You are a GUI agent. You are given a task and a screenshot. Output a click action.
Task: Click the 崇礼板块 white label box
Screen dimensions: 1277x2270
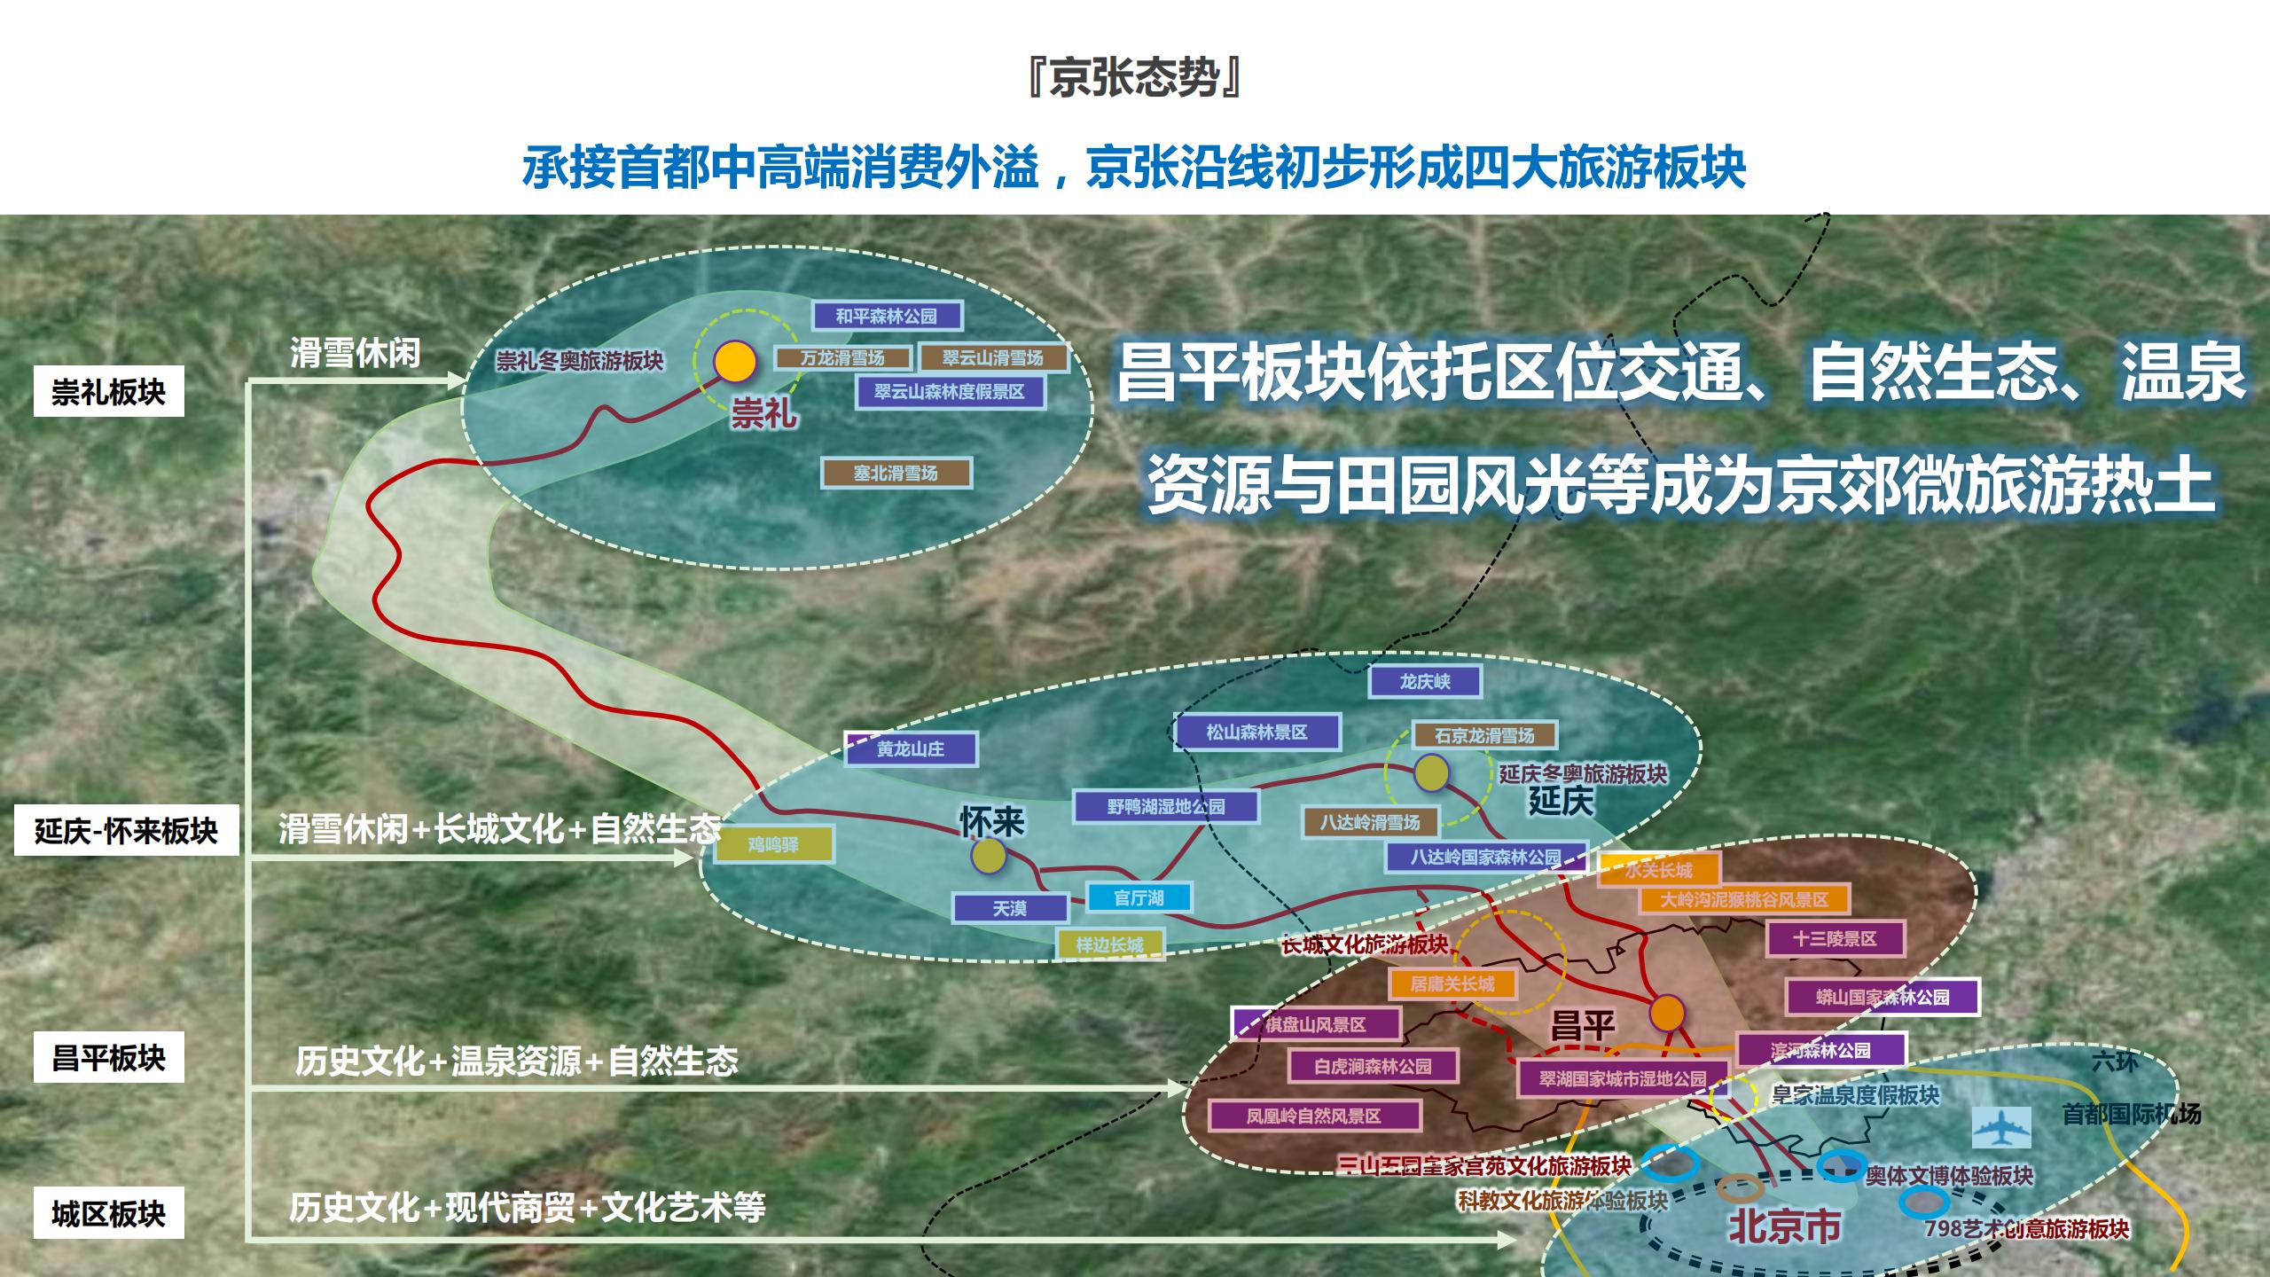(108, 391)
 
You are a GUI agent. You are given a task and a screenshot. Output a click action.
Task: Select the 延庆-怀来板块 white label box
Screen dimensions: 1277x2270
(126, 831)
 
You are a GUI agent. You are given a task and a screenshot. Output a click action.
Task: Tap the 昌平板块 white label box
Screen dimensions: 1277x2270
(108, 1057)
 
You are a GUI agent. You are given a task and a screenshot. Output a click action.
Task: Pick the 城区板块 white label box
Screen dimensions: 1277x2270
(108, 1212)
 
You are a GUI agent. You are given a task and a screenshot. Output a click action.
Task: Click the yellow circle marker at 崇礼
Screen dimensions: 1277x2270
(735, 361)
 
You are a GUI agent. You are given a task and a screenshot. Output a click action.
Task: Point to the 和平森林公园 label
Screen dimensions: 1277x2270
(886, 316)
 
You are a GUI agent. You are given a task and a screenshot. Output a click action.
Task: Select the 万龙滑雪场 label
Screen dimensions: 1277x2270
(842, 358)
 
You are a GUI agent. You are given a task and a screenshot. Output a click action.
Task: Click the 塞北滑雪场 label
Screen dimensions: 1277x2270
(896, 473)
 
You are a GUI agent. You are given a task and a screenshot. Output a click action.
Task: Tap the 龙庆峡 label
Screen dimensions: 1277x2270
(1425, 681)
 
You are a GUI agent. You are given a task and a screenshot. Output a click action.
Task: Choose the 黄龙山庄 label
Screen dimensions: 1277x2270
(911, 748)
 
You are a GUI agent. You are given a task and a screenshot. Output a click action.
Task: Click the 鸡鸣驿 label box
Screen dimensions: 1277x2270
(773, 844)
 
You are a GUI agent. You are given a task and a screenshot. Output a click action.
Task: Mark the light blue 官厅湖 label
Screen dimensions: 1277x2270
(1139, 897)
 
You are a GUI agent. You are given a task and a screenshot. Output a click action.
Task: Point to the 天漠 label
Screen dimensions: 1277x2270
(1009, 908)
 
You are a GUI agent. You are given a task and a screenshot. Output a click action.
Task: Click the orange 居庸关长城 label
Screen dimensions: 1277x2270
(1452, 983)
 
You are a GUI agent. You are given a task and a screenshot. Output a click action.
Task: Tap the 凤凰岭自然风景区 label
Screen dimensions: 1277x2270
(1313, 1116)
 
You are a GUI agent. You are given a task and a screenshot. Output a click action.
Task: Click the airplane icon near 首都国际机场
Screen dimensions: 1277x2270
(2001, 1127)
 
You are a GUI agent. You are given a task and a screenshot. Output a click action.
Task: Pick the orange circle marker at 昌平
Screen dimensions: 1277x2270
(1667, 1012)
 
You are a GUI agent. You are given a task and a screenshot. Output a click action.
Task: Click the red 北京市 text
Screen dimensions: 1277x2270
(1784, 1227)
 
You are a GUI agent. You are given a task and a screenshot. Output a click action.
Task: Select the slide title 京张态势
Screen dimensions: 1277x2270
(1134, 78)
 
